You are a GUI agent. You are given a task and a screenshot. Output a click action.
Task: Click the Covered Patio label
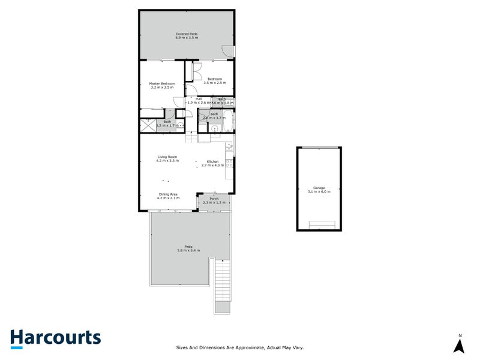pos(187,34)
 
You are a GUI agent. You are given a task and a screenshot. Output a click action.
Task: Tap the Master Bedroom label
pos(162,83)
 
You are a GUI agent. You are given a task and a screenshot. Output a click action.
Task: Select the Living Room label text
pos(168,157)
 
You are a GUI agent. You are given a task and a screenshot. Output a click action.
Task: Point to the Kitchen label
pos(212,161)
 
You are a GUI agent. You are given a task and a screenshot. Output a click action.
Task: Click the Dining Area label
pos(168,194)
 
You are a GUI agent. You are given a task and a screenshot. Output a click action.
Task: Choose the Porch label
pos(214,199)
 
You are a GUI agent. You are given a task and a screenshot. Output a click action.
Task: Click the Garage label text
pos(319,188)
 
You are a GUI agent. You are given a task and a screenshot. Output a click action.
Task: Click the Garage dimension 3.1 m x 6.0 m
pos(319,192)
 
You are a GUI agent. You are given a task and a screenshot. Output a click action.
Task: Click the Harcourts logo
pos(55,338)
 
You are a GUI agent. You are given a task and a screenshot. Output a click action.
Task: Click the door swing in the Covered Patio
pos(227,52)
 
